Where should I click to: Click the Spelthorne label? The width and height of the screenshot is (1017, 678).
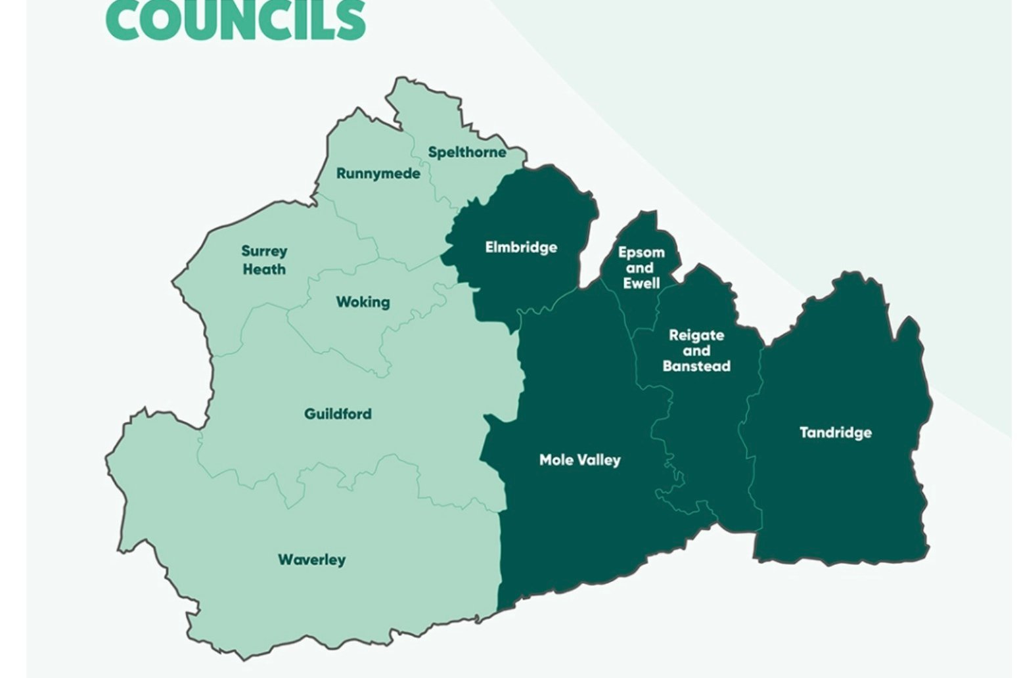467,152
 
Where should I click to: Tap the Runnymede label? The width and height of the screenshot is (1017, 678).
378,173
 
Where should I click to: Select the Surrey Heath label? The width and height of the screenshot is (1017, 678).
264,260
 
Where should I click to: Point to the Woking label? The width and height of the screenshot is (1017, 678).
363,302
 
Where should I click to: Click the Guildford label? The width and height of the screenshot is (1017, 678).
338,414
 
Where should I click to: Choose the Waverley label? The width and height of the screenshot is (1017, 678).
311,560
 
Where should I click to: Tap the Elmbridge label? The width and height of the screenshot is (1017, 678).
521,248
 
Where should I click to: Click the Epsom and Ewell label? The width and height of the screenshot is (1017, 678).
641,268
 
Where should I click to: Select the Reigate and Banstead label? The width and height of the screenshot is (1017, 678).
696,350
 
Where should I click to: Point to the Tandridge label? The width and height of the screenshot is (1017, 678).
836,432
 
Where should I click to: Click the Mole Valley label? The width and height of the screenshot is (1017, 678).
579,460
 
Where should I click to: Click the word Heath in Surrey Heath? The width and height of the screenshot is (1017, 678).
264,269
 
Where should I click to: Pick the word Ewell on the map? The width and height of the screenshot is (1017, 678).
641,283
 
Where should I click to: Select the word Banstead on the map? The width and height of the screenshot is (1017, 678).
696,366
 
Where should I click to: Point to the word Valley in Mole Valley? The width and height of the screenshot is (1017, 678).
597,460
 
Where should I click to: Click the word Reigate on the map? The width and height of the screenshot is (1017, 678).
696,335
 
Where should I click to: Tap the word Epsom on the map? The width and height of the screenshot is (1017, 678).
641,253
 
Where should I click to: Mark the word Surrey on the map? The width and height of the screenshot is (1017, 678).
264,251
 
